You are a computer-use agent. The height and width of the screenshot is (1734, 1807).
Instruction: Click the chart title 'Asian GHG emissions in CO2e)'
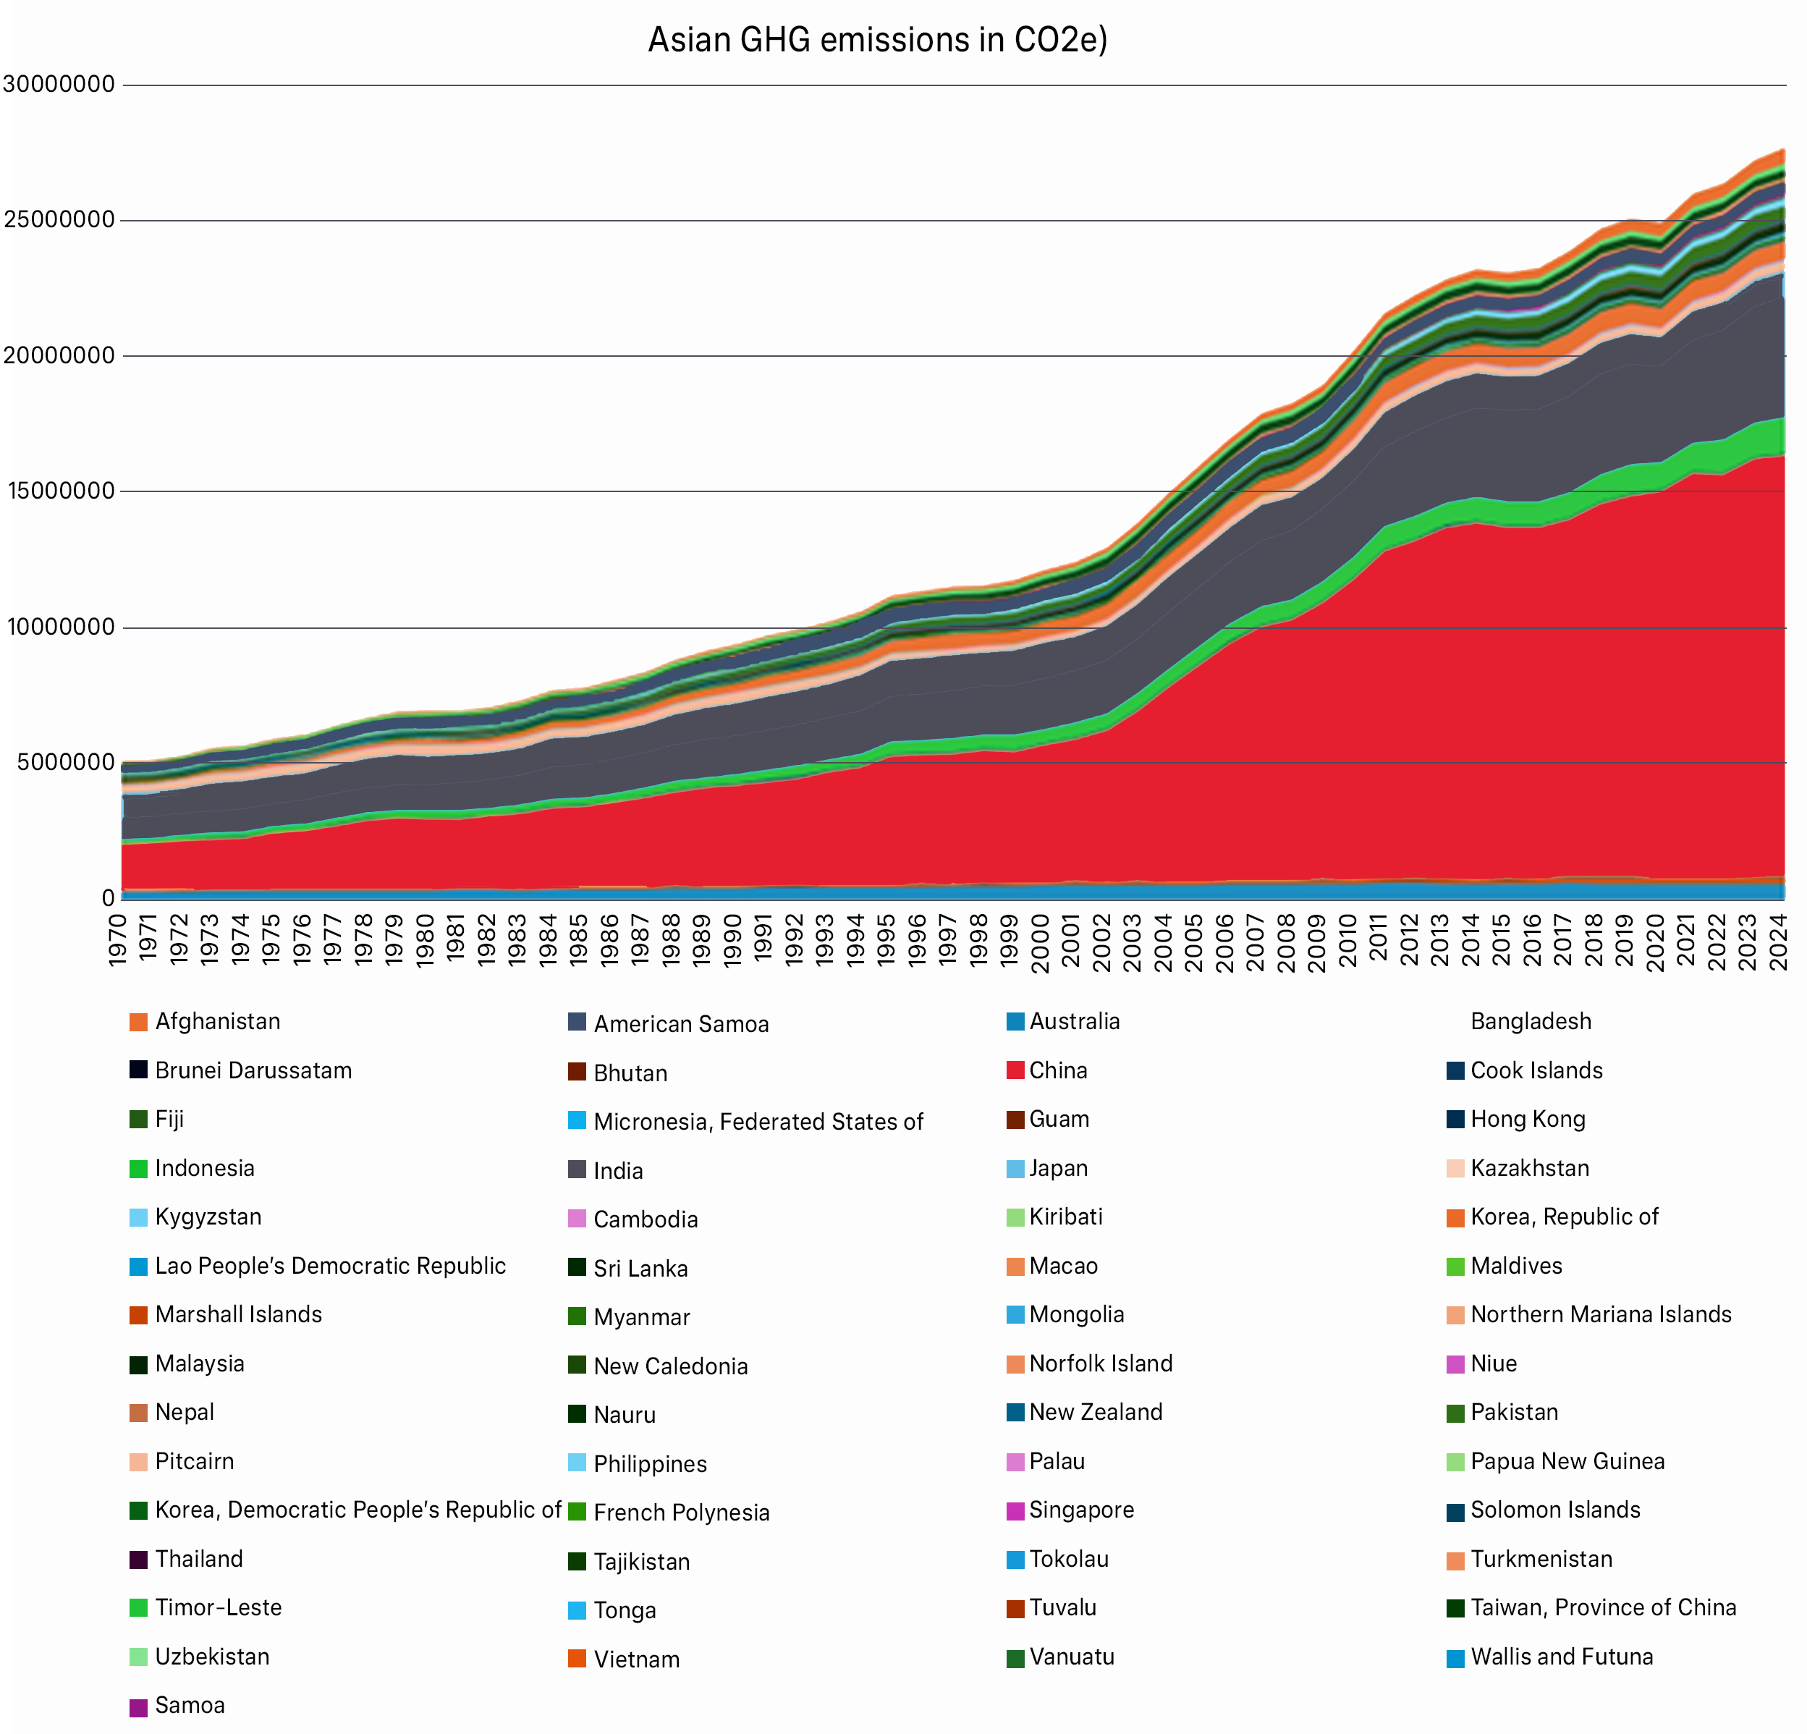[877, 41]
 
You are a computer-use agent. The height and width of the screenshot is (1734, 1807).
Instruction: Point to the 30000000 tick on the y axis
[59, 85]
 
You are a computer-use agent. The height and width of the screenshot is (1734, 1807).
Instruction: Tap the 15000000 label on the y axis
[59, 491]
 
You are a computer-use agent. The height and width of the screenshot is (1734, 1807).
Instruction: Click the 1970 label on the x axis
[118, 940]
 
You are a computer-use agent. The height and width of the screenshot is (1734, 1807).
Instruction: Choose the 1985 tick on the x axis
[579, 940]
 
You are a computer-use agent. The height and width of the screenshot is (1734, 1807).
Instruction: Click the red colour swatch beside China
[1015, 1071]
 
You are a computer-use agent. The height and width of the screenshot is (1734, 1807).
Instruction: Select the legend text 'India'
[618, 1171]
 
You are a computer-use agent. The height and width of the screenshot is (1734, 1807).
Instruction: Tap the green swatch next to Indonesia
[138, 1169]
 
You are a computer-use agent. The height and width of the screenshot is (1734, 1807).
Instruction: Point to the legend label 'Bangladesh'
[1531, 1021]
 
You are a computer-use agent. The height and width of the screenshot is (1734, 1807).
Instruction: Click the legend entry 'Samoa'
[190, 1706]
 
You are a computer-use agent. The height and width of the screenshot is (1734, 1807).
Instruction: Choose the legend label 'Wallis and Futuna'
[1562, 1657]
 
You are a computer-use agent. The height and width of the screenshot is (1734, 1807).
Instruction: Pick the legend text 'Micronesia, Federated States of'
[758, 1122]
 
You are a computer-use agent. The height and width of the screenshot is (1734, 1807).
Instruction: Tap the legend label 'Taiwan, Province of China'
[1603, 1607]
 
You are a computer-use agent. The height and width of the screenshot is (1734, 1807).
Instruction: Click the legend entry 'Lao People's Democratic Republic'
[330, 1266]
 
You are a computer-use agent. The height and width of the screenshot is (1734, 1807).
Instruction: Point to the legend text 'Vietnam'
[636, 1659]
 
